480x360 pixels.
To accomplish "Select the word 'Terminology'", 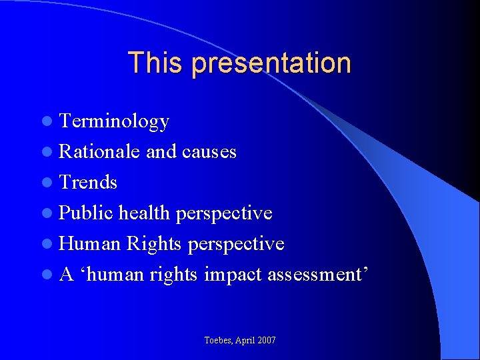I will [114, 122].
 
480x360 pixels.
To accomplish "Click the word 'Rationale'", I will [99, 152].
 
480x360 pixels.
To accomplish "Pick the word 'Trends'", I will [88, 182].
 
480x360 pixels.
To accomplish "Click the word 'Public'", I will [86, 213].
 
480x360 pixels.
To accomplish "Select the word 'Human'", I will [89, 243].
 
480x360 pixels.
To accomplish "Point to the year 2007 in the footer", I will [265, 340].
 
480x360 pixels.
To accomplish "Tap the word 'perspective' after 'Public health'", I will [224, 213].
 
